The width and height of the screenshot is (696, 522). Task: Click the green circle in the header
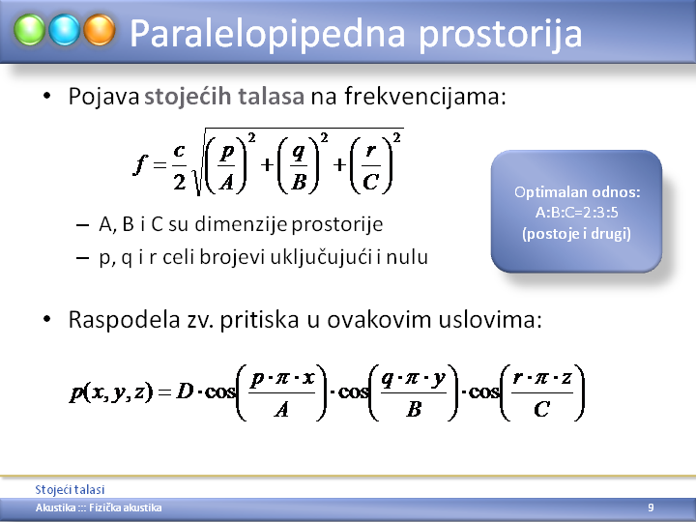29,30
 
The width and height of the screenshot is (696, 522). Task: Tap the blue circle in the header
65,30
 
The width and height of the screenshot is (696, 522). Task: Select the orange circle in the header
100,30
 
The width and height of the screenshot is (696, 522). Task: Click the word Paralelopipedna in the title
267,34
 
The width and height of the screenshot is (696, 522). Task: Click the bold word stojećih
188,97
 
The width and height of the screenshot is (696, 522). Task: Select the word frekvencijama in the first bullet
425,96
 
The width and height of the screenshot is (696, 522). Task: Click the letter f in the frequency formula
140,164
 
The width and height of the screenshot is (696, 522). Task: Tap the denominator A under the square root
227,182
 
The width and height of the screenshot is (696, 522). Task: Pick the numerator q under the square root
299,153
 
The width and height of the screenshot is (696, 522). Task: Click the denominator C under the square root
370,182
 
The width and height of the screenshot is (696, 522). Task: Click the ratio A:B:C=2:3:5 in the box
576,213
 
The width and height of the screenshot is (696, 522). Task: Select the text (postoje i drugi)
576,234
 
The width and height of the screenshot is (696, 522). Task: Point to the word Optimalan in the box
544,192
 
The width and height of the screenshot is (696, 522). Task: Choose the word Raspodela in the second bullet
125,320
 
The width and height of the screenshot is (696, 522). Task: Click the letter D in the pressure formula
185,391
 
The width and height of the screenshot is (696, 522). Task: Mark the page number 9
651,507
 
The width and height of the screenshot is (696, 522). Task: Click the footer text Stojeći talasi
70,489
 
